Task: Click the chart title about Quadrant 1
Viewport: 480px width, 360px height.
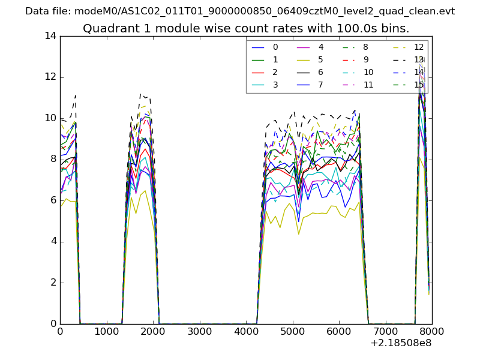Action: pos(246,28)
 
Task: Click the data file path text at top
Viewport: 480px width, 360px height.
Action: pos(240,11)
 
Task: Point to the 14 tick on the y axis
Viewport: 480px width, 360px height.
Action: pos(50,36)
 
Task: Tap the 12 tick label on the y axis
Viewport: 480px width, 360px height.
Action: pos(50,77)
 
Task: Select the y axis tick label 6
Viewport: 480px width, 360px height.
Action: pos(53,200)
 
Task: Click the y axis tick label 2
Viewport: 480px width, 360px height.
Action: pos(53,283)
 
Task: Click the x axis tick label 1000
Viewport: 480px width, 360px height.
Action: pos(106,331)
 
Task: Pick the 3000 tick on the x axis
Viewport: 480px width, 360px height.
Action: pos(199,331)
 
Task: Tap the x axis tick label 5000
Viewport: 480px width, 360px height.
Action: pos(292,331)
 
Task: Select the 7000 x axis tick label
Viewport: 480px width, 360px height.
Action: pos(385,331)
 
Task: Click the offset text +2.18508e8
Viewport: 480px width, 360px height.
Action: pos(401,343)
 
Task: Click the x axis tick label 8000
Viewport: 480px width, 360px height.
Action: pos(431,331)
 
